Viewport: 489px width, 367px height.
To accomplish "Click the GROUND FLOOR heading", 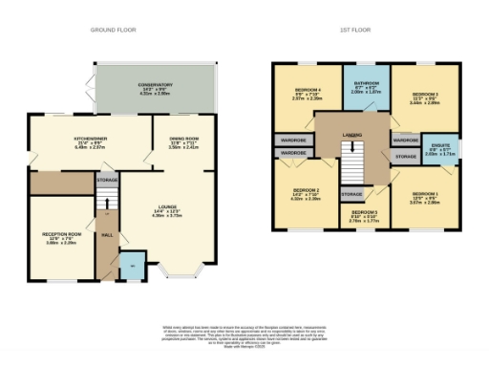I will coord(114,31).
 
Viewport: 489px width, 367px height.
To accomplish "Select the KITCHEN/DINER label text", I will coord(88,139).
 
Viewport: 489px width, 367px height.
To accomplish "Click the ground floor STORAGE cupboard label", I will coord(107,180).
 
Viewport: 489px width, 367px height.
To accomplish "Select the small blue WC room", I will coord(131,267).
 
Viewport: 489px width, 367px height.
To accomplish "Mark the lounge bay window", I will coord(177,276).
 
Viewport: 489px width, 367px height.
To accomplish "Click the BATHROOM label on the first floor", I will coord(366,84).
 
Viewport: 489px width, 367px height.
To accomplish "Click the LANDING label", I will coord(352,135).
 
